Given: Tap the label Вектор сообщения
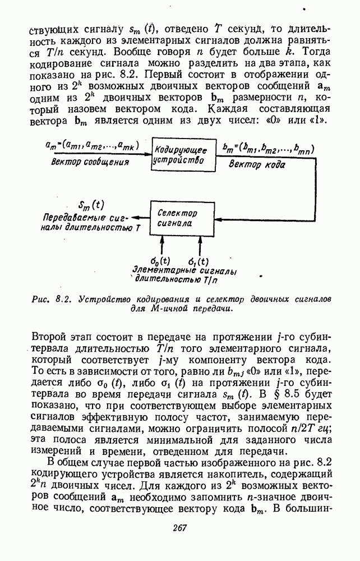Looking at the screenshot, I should [x=90, y=162].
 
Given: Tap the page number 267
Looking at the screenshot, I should [x=179, y=527].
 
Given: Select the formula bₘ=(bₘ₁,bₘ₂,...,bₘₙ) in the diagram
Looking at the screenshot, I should [x=267, y=149].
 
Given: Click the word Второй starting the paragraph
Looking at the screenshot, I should [x=52, y=337].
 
